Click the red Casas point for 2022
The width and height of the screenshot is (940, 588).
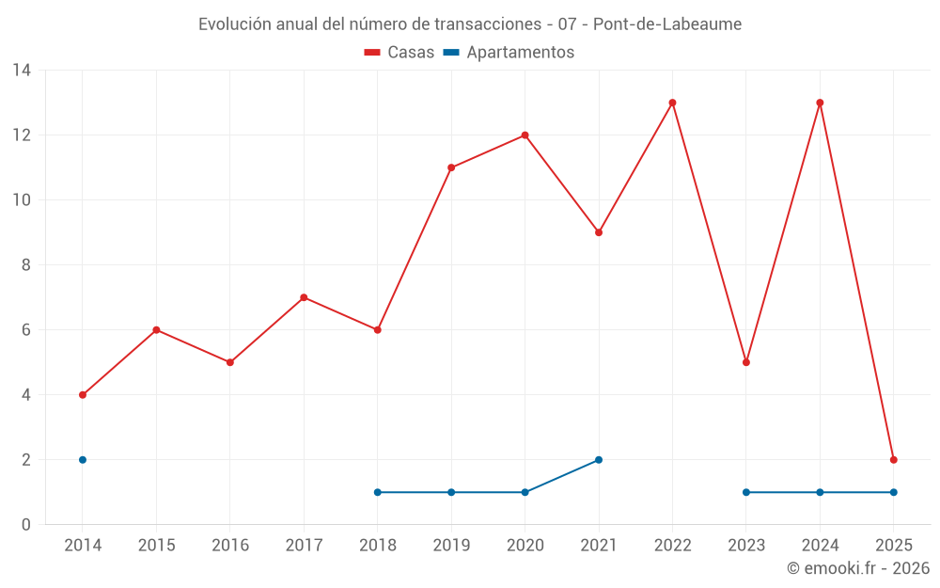point(672,103)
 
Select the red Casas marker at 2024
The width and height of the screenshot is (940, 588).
point(820,103)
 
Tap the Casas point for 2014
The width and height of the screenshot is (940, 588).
point(83,395)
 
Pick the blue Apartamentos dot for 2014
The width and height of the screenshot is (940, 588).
point(83,460)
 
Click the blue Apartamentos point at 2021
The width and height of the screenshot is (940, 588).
point(599,460)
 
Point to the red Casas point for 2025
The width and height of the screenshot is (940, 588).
point(894,460)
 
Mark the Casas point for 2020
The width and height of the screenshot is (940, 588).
point(525,135)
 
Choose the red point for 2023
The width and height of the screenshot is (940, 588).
point(746,362)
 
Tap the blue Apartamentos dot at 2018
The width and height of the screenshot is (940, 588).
point(378,492)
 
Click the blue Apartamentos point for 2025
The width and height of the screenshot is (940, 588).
point(894,492)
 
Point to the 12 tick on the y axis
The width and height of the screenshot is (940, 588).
point(21,135)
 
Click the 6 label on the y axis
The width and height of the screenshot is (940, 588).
point(25,330)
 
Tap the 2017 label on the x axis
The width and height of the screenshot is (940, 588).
point(304,546)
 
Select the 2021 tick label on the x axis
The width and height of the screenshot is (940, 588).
point(599,546)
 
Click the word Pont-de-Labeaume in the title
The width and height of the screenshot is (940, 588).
point(667,24)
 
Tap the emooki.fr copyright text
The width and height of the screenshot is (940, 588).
point(858,568)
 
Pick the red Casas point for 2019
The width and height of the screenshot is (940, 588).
point(451,167)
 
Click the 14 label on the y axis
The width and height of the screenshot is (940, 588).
point(21,71)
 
